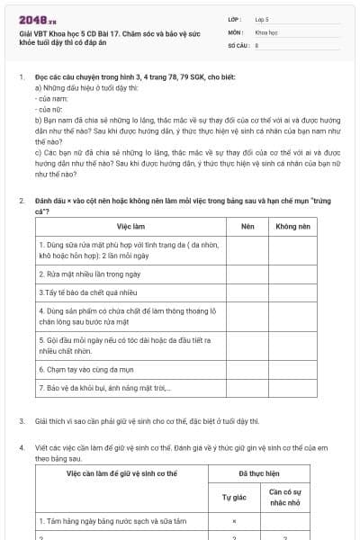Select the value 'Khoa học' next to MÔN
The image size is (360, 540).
point(267,31)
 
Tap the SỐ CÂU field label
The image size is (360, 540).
point(238,43)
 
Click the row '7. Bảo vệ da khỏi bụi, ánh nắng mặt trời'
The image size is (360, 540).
point(104,389)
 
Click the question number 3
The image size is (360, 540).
point(22,421)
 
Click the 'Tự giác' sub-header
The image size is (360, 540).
point(234,496)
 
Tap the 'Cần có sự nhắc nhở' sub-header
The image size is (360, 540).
point(286,496)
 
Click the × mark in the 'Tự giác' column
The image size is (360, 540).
point(234,521)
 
